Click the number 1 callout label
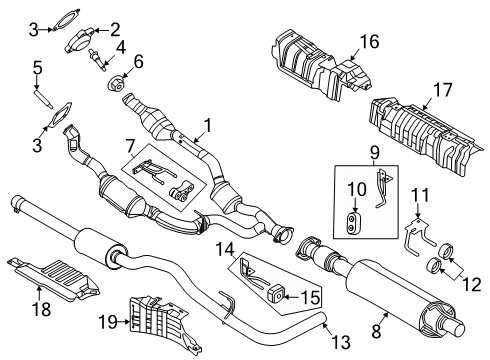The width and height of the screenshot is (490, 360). coord(208,126)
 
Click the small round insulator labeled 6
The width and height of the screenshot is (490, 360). coord(112,81)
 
